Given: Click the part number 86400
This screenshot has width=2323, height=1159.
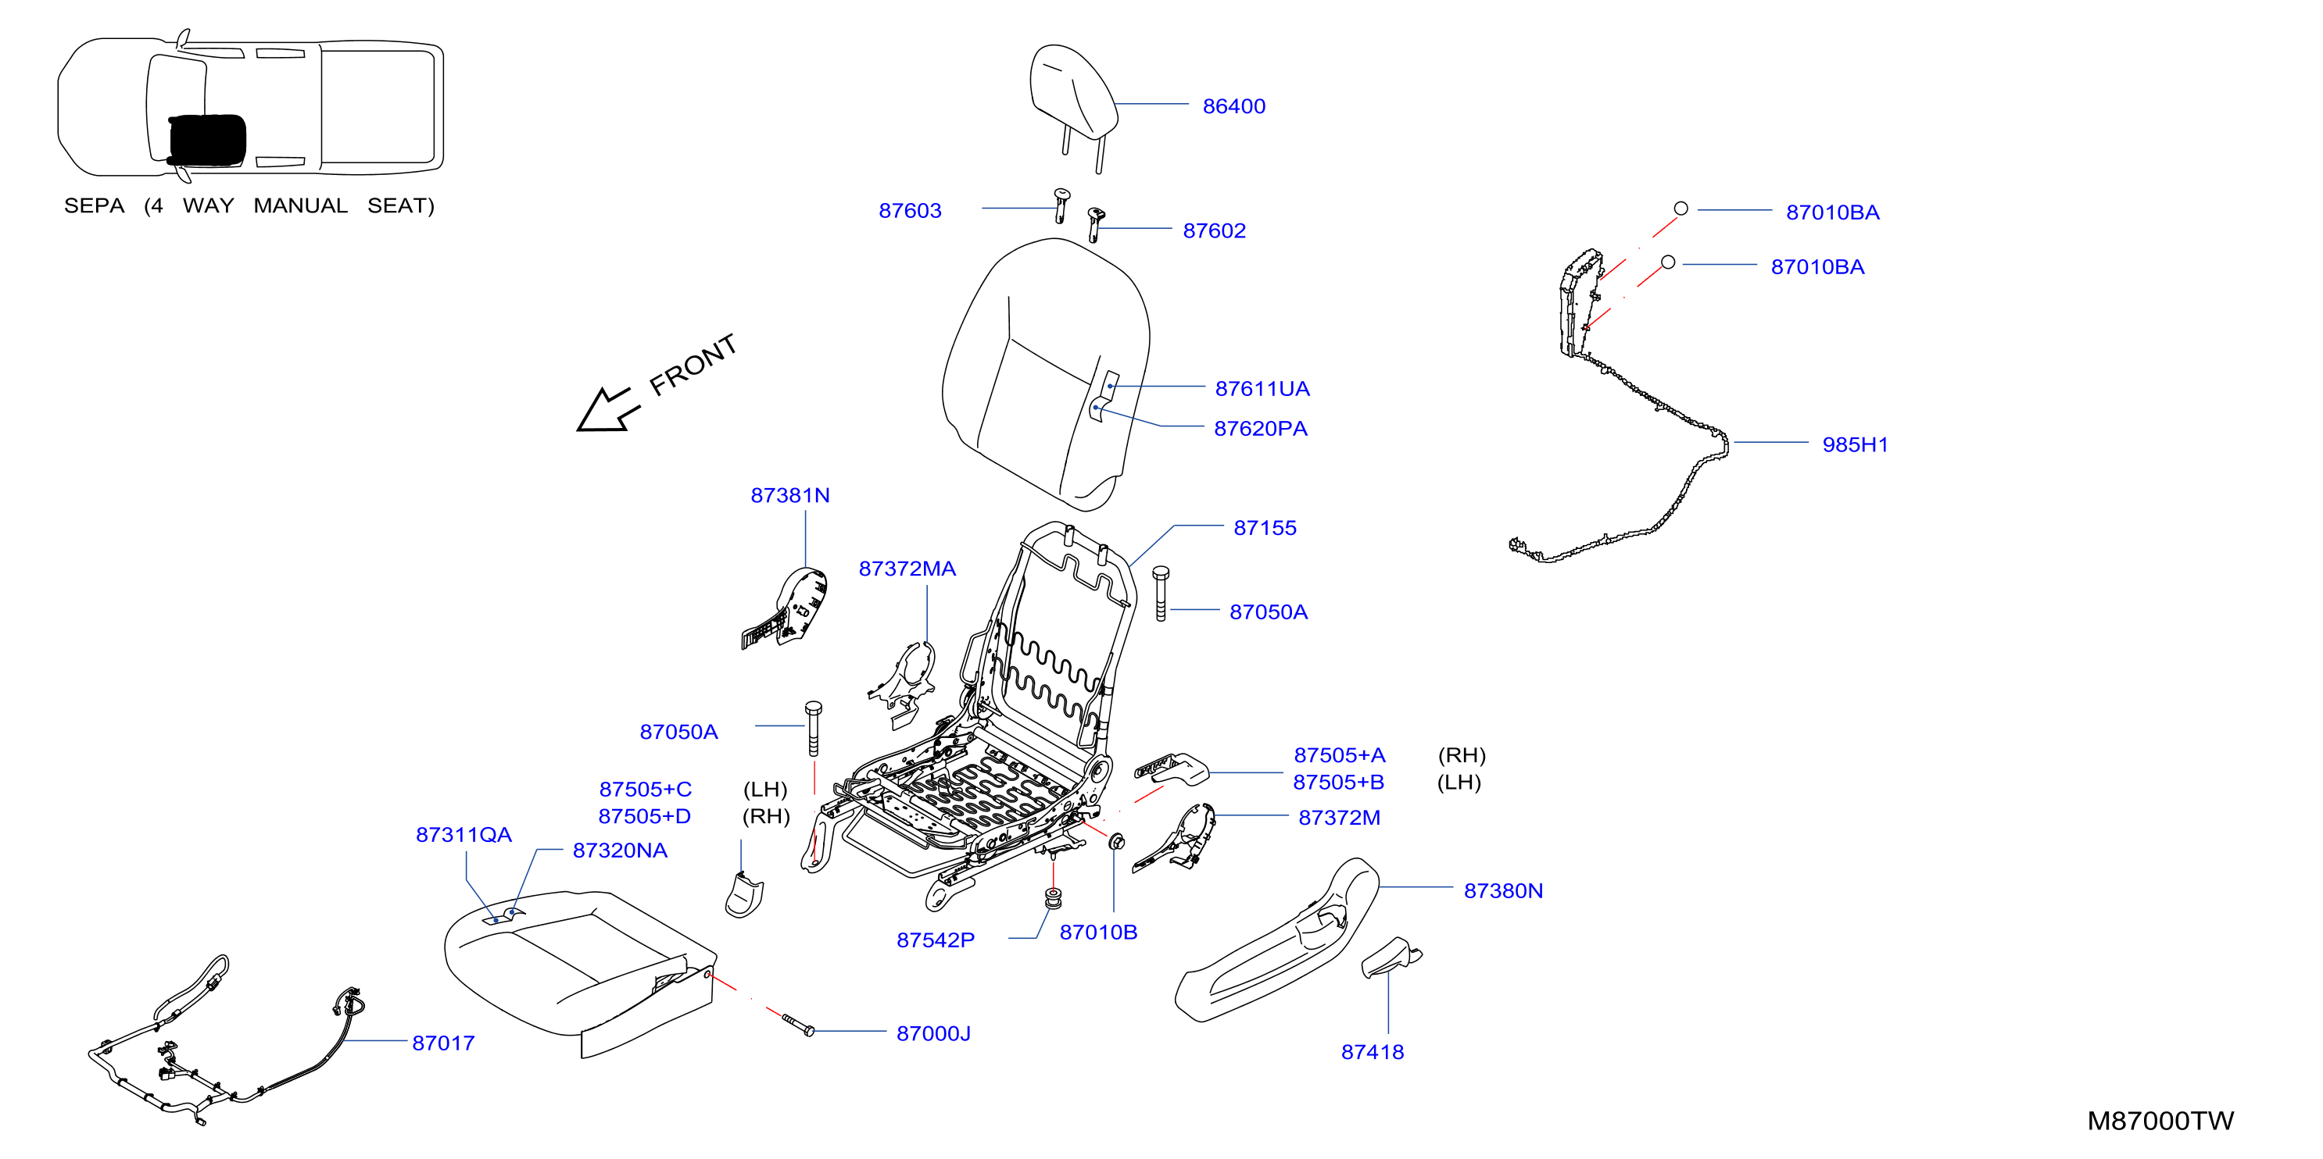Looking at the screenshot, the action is (x=1233, y=106).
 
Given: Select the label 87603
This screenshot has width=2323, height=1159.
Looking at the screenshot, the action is (x=910, y=211).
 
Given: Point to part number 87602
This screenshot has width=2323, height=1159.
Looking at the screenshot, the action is (x=1214, y=230).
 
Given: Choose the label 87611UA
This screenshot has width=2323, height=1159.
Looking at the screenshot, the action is (x=1262, y=390).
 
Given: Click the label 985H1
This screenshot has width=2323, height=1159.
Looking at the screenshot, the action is (x=1854, y=445).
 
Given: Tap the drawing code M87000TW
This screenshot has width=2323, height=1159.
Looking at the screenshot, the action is (x=2160, y=1122).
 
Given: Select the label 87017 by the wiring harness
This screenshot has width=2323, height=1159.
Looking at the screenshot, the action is (x=442, y=1043).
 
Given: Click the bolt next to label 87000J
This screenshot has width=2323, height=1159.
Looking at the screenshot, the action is (x=798, y=1024).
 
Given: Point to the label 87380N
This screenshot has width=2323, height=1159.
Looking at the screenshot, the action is (x=1502, y=891).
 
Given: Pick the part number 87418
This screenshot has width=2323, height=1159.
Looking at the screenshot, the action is (x=1372, y=1053).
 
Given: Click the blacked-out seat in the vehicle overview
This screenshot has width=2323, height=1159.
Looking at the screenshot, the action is (x=206, y=140).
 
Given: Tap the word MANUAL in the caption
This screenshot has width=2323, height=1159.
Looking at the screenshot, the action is (x=300, y=206).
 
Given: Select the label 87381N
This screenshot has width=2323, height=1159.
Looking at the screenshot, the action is (x=790, y=496).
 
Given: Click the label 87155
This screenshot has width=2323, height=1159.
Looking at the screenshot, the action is (x=1265, y=529).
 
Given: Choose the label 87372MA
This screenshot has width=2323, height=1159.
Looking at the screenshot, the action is (x=906, y=569).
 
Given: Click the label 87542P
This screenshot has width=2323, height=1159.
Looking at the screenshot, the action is (x=935, y=941).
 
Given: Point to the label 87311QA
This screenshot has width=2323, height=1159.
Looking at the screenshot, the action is (x=464, y=836).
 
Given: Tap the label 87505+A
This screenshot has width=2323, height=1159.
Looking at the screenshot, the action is (x=1339, y=756).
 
